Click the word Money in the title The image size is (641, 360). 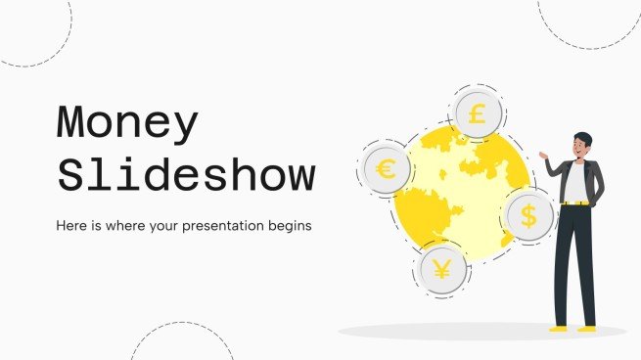coord(128,124)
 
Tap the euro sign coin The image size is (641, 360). coord(386,170)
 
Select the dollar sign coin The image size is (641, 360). coord(528,217)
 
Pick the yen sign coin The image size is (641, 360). coord(441,269)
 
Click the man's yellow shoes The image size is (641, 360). coord(572,328)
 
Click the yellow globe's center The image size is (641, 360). coord(460,196)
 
